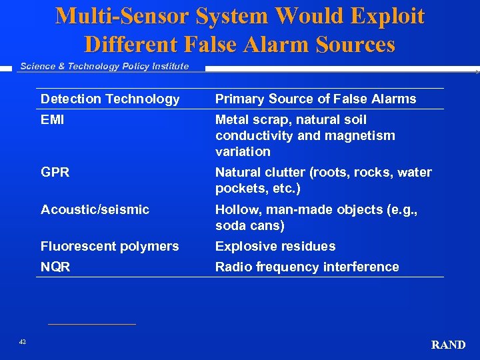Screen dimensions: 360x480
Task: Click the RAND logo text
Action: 448,345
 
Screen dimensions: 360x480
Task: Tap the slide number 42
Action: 23,342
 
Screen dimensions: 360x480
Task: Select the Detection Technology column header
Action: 110,99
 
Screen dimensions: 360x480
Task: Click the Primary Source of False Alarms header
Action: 315,99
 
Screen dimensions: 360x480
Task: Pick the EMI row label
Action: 53,120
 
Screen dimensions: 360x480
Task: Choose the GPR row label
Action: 55,173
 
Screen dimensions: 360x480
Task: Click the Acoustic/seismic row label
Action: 95,209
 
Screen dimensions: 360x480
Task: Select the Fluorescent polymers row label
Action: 109,246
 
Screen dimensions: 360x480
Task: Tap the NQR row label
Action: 55,267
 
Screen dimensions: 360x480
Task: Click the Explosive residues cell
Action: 275,246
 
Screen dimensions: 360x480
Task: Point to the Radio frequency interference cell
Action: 307,267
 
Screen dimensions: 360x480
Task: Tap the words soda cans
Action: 249,226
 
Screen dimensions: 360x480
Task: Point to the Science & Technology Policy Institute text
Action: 104,66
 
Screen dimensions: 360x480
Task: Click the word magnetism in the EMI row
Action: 363,136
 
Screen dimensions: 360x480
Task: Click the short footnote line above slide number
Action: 91,325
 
